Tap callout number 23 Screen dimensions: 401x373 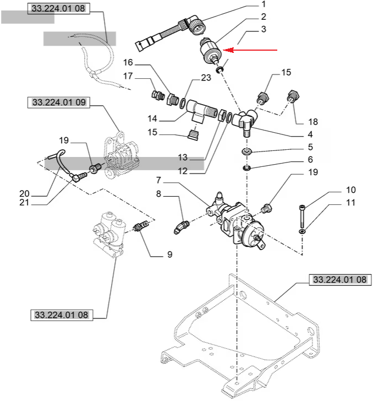(x=205, y=78)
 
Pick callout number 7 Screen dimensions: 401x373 (x=158, y=180)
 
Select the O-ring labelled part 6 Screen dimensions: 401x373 (x=246, y=167)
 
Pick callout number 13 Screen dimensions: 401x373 (x=183, y=158)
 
